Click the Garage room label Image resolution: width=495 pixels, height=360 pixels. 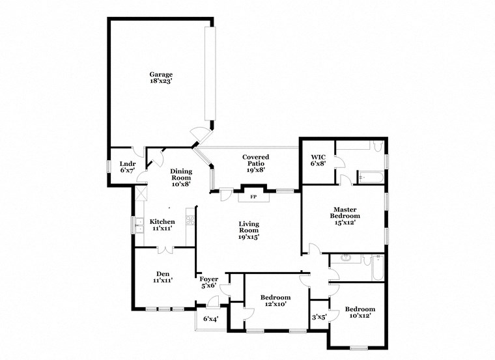(161, 74)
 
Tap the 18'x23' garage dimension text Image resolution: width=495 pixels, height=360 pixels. (161, 82)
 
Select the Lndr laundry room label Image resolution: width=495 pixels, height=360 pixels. (127, 163)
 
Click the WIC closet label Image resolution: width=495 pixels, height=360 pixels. (318, 157)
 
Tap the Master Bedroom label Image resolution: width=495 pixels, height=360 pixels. (344, 213)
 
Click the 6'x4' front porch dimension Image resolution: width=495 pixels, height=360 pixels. (210, 319)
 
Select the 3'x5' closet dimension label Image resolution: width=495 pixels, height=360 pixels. (318, 318)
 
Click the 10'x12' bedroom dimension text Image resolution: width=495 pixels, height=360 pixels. (360, 316)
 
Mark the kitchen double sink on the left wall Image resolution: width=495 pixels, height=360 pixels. (139, 226)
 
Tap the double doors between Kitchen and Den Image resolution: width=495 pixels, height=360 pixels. (166, 248)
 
